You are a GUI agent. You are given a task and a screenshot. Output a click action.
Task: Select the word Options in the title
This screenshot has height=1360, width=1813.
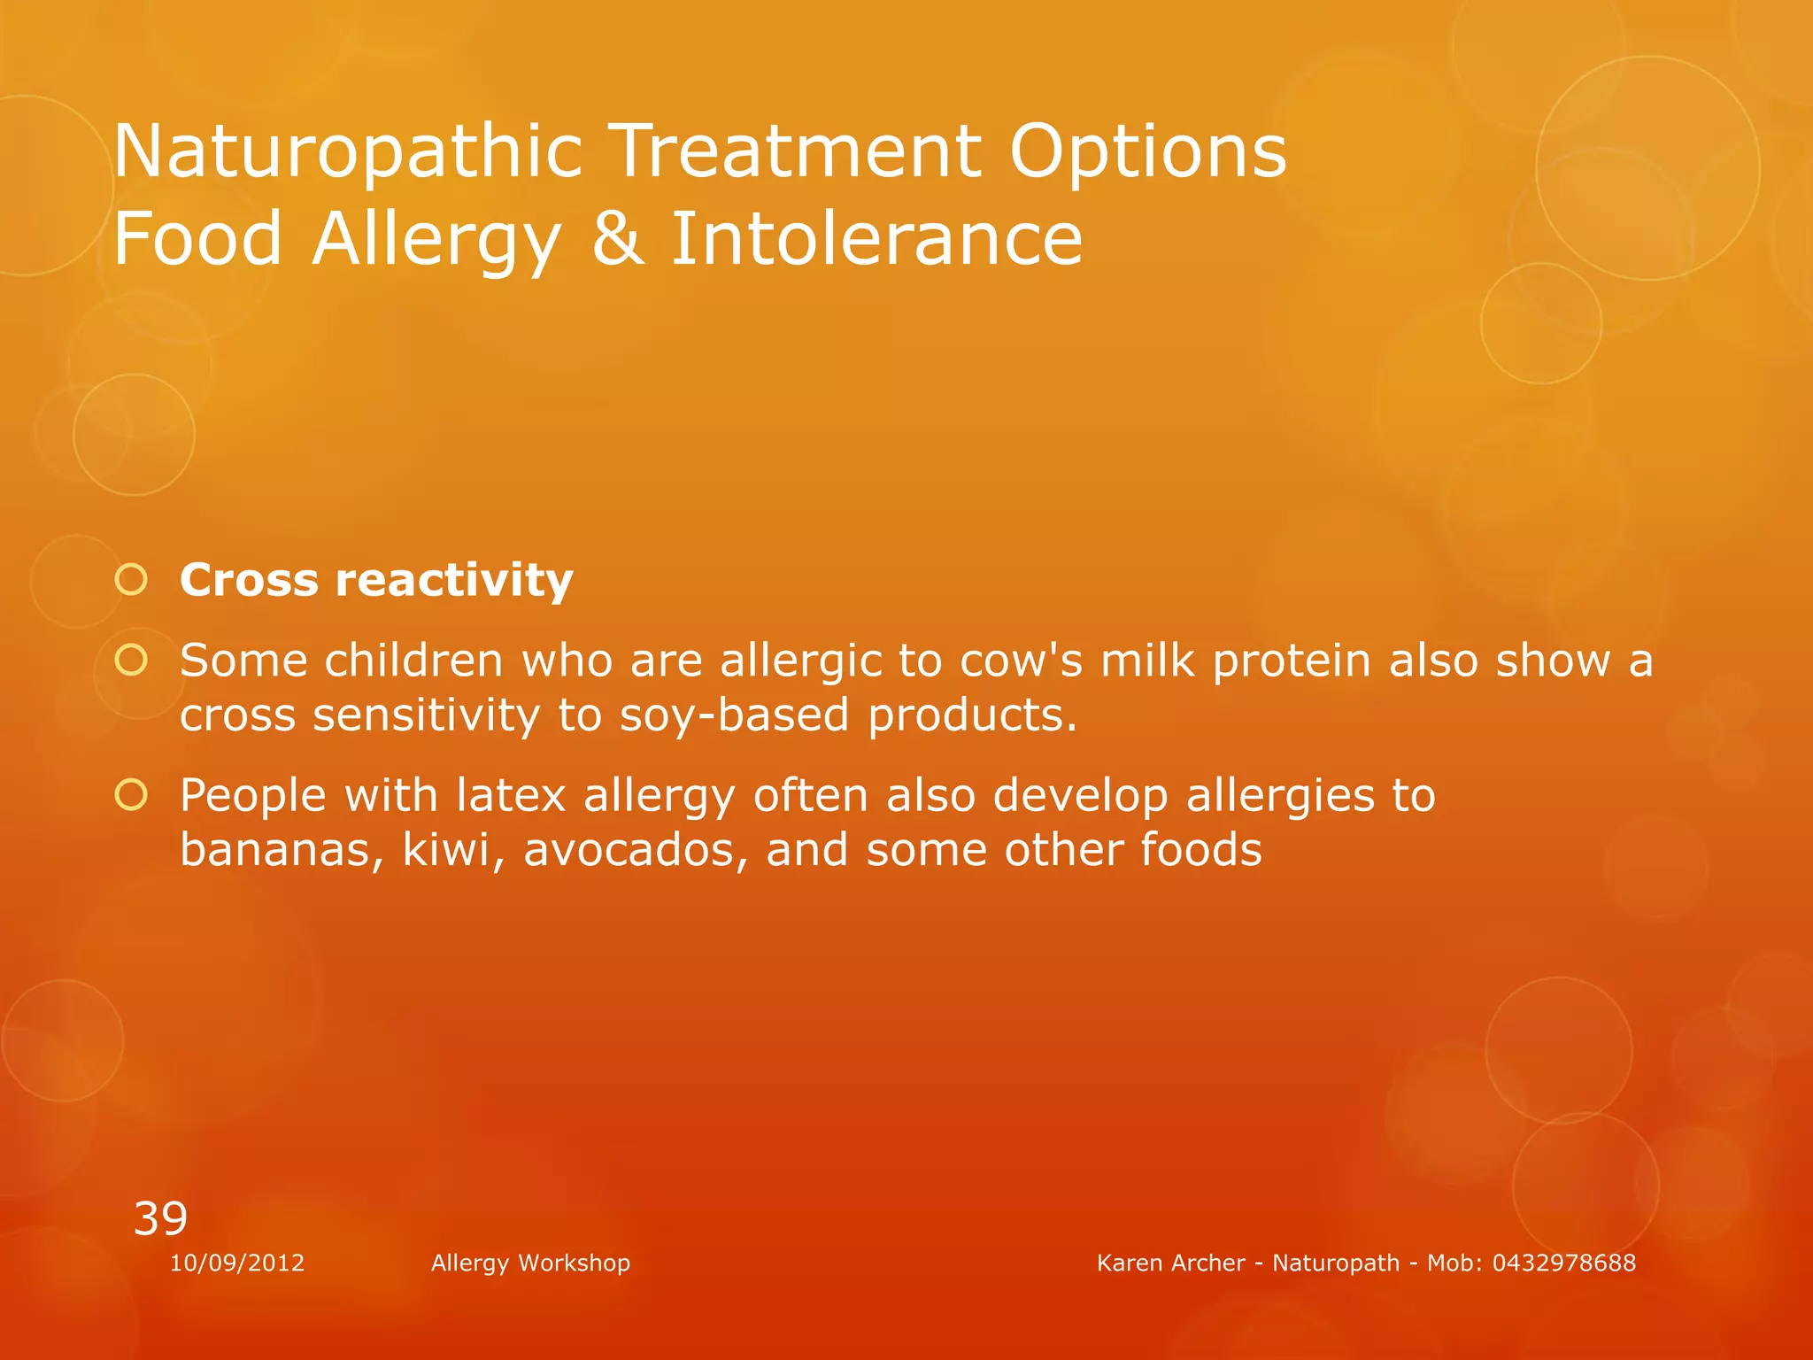[1147, 152]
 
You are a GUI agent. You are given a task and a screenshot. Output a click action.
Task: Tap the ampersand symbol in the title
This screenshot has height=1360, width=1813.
[618, 239]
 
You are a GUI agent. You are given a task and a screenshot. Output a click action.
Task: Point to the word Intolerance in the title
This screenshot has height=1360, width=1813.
[876, 239]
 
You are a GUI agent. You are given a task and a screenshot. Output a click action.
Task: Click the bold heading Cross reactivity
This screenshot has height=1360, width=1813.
[376, 581]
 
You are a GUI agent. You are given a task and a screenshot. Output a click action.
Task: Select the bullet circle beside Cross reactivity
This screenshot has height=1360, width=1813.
[131, 580]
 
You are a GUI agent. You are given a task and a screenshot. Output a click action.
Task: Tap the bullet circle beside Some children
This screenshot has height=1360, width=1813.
[131, 660]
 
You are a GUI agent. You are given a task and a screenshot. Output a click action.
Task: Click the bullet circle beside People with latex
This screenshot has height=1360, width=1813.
[131, 795]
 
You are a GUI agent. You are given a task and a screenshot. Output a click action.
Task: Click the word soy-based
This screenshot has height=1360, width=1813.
[734, 715]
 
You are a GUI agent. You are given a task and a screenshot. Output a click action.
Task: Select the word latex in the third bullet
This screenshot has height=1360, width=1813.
[511, 795]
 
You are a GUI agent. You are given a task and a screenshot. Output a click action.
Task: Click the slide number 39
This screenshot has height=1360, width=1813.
[160, 1218]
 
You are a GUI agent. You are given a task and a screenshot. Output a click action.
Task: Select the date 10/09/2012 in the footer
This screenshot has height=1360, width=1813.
[237, 1263]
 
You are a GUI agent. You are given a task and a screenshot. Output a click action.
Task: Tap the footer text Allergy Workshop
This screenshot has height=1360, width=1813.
[530, 1263]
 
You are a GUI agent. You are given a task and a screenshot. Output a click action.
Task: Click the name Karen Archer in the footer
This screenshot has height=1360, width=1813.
[1170, 1263]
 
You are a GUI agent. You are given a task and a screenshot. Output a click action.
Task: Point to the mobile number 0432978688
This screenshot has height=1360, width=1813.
[1563, 1263]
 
